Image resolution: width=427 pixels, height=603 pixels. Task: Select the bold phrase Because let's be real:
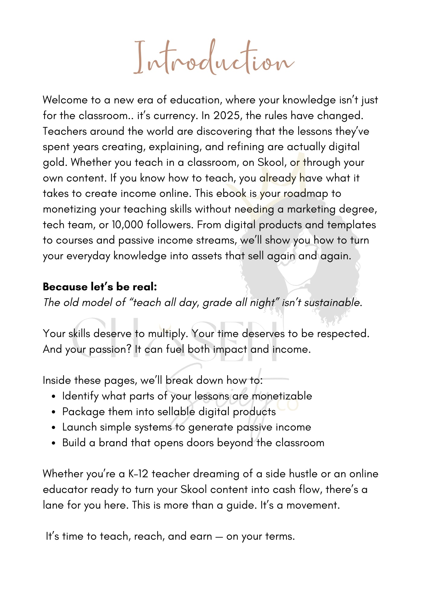(x=100, y=287)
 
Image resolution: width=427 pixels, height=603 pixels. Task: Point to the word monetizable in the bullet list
(x=282, y=396)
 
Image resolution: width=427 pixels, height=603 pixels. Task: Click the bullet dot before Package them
(x=53, y=412)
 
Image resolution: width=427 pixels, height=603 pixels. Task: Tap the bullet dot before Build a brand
(x=53, y=443)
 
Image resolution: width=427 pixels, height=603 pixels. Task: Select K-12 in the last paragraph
(x=138, y=474)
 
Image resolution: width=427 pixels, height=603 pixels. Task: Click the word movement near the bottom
(x=312, y=505)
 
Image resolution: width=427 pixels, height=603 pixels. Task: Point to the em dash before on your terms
(x=219, y=537)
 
